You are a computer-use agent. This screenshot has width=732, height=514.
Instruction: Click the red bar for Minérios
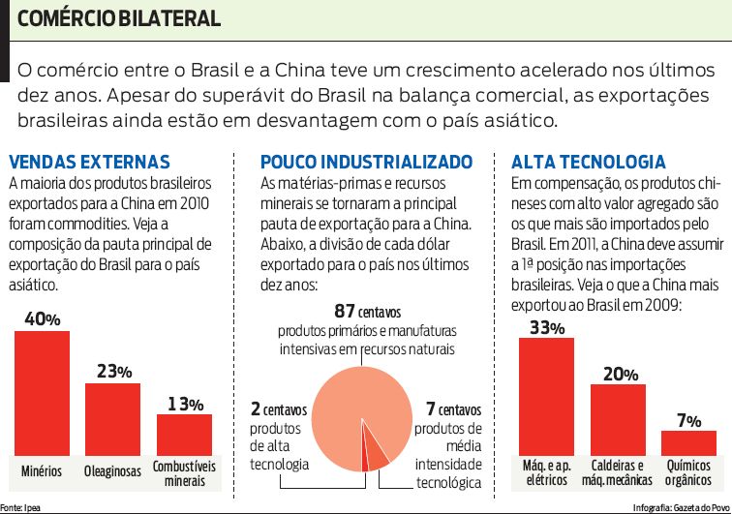42,392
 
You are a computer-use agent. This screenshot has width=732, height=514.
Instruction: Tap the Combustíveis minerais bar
184,434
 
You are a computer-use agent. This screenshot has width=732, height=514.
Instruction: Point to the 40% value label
42,318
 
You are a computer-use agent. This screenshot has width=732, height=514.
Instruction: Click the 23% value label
113,372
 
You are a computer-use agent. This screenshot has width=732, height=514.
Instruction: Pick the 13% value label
184,404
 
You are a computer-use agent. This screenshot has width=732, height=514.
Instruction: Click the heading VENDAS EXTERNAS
89,162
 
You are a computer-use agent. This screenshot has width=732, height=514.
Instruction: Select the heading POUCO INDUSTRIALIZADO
366,162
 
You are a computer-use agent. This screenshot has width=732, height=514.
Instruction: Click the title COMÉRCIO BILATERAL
118,18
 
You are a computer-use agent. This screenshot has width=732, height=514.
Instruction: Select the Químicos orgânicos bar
688,442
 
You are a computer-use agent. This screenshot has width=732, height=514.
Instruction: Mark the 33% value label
547,327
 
